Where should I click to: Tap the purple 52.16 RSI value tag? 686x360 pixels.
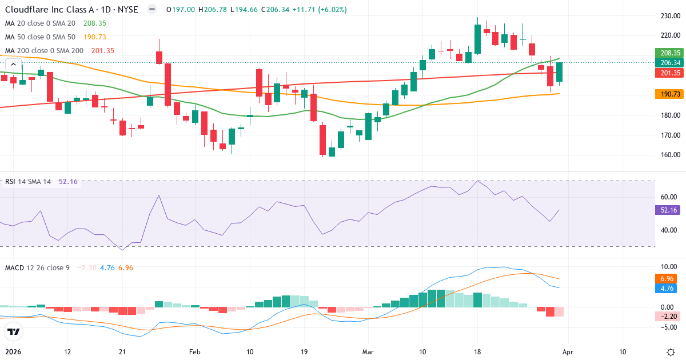667,210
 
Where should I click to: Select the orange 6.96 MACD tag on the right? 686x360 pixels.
667,278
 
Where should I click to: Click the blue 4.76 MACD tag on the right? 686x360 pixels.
667,288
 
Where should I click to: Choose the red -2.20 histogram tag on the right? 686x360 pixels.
667,315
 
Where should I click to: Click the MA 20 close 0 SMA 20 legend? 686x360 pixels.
40,23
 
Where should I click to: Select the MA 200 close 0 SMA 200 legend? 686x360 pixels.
43,51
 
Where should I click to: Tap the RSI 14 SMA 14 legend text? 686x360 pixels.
28,182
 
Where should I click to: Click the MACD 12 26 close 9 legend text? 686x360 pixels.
37,267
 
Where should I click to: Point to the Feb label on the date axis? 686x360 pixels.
195,351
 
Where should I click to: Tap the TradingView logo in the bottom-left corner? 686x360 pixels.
14,331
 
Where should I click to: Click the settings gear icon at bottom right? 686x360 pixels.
671,351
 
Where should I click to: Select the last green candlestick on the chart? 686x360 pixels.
560,73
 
